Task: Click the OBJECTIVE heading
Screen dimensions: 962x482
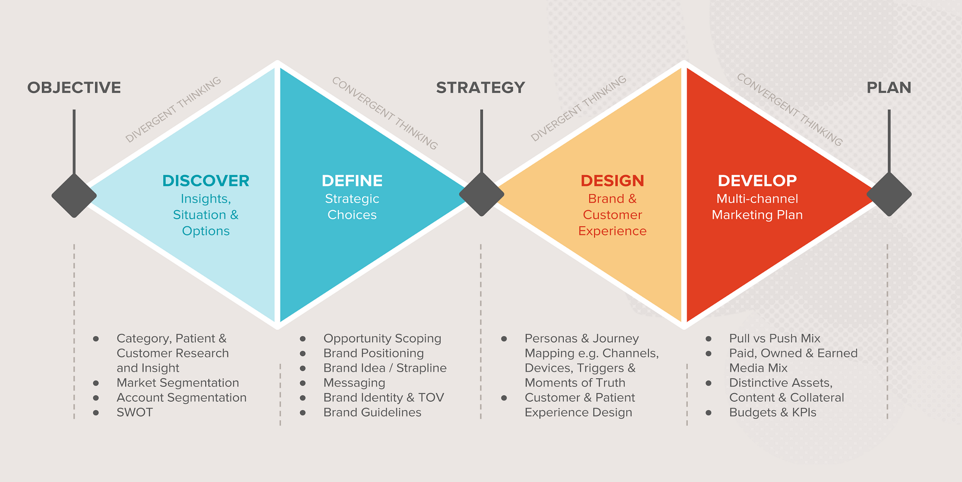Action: tap(74, 87)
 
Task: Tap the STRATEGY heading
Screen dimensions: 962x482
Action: tap(481, 87)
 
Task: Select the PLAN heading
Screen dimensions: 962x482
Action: tap(889, 87)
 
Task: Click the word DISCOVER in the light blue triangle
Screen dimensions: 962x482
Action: tap(206, 181)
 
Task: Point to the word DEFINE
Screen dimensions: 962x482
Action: tap(352, 181)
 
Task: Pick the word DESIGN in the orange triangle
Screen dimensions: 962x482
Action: tap(612, 181)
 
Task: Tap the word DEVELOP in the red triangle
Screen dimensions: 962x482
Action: tap(757, 181)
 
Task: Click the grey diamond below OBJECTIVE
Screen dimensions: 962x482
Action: tap(74, 196)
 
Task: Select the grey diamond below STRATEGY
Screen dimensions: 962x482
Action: tap(481, 195)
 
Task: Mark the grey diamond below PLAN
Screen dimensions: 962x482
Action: tap(889, 195)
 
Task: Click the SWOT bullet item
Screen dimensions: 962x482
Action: tap(135, 412)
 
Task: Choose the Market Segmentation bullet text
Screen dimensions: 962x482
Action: tap(178, 383)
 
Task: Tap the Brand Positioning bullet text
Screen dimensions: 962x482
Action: tap(374, 353)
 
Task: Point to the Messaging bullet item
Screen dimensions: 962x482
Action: tap(354, 383)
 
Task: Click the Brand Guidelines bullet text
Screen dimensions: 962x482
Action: tap(372, 412)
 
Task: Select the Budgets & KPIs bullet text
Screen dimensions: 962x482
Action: tap(773, 412)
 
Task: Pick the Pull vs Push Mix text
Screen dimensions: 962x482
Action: tap(775, 338)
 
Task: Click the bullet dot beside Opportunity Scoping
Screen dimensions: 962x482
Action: tap(303, 339)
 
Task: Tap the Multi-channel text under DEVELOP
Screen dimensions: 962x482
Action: tap(757, 199)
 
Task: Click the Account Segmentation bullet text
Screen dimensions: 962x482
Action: tap(182, 398)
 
